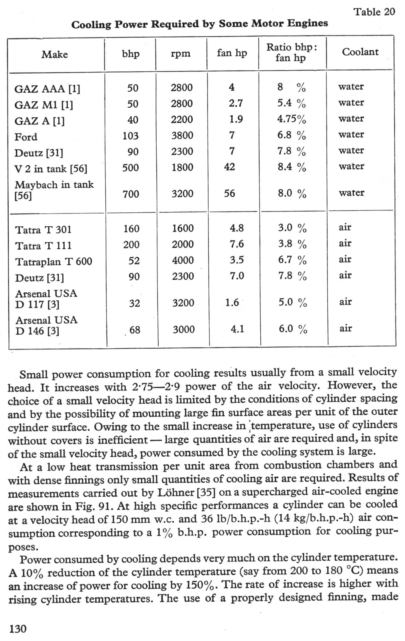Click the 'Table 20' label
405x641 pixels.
[x=374, y=12]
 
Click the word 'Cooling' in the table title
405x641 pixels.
[x=91, y=24]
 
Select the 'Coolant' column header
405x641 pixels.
[x=360, y=52]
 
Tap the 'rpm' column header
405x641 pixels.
[x=180, y=53]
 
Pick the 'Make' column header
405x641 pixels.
[x=54, y=54]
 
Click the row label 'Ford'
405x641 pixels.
[x=26, y=137]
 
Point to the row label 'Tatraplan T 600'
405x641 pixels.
[x=54, y=262]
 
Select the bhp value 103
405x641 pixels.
[x=130, y=136]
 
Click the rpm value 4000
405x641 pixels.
[x=183, y=260]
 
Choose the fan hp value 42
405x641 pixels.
[x=229, y=167]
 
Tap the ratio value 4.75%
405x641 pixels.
[x=291, y=119]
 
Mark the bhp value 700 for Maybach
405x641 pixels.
[x=131, y=194]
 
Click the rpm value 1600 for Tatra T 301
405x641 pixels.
[x=183, y=228]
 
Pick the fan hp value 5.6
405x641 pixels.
[x=229, y=194]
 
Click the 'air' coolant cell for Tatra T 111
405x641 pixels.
[x=345, y=244]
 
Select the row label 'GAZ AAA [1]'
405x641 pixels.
[x=47, y=89]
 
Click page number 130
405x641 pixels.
[x=18, y=629]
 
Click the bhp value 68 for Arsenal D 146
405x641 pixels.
[x=135, y=330]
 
